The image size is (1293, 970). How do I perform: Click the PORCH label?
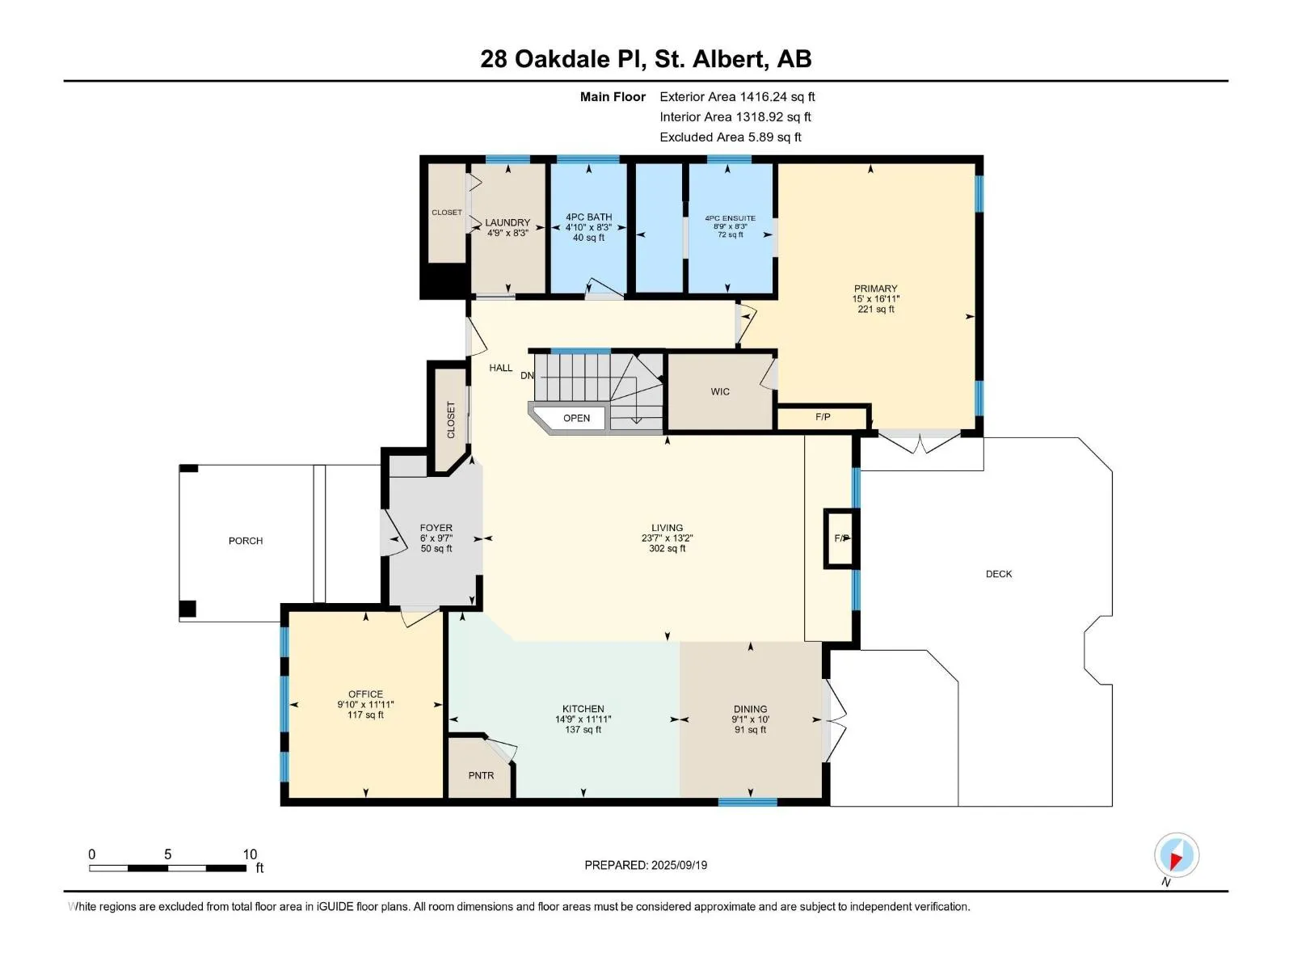point(246,541)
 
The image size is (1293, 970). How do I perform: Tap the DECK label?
point(999,574)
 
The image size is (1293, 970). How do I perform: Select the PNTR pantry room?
point(481,768)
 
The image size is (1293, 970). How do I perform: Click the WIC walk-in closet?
point(720,392)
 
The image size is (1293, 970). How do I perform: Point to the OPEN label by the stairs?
point(576,418)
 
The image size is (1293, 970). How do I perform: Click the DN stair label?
point(527,376)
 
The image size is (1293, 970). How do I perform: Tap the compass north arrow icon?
point(1177,855)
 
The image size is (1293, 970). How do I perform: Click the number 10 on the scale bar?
point(250,854)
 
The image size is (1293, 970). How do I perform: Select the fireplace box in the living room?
point(841,538)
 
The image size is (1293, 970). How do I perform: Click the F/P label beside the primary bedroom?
point(823,417)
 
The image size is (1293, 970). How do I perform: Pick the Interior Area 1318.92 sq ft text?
point(735,117)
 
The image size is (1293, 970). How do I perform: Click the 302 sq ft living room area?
point(667,548)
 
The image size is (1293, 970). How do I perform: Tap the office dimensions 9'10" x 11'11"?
point(365,704)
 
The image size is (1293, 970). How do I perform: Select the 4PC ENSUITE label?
point(730,218)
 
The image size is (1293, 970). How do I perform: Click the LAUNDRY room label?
point(508,222)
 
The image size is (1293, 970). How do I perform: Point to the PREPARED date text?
point(646,865)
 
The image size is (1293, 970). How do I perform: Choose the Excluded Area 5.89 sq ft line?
point(731,137)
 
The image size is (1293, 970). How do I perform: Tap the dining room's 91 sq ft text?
point(750,730)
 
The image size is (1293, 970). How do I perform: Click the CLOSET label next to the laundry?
point(447,212)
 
